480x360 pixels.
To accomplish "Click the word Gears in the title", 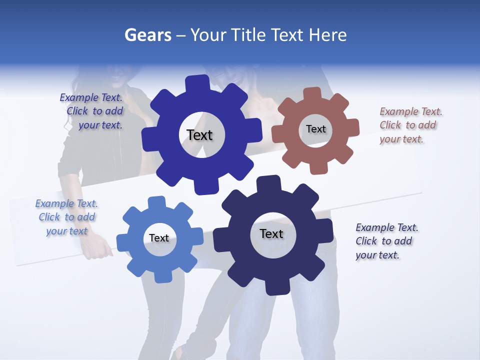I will tap(147, 35).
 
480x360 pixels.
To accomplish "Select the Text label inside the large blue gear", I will tap(199, 135).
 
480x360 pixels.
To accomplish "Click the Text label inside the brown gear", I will tap(315, 129).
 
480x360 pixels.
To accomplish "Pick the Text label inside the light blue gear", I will tap(159, 238).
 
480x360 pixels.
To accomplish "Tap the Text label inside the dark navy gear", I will tap(271, 233).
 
